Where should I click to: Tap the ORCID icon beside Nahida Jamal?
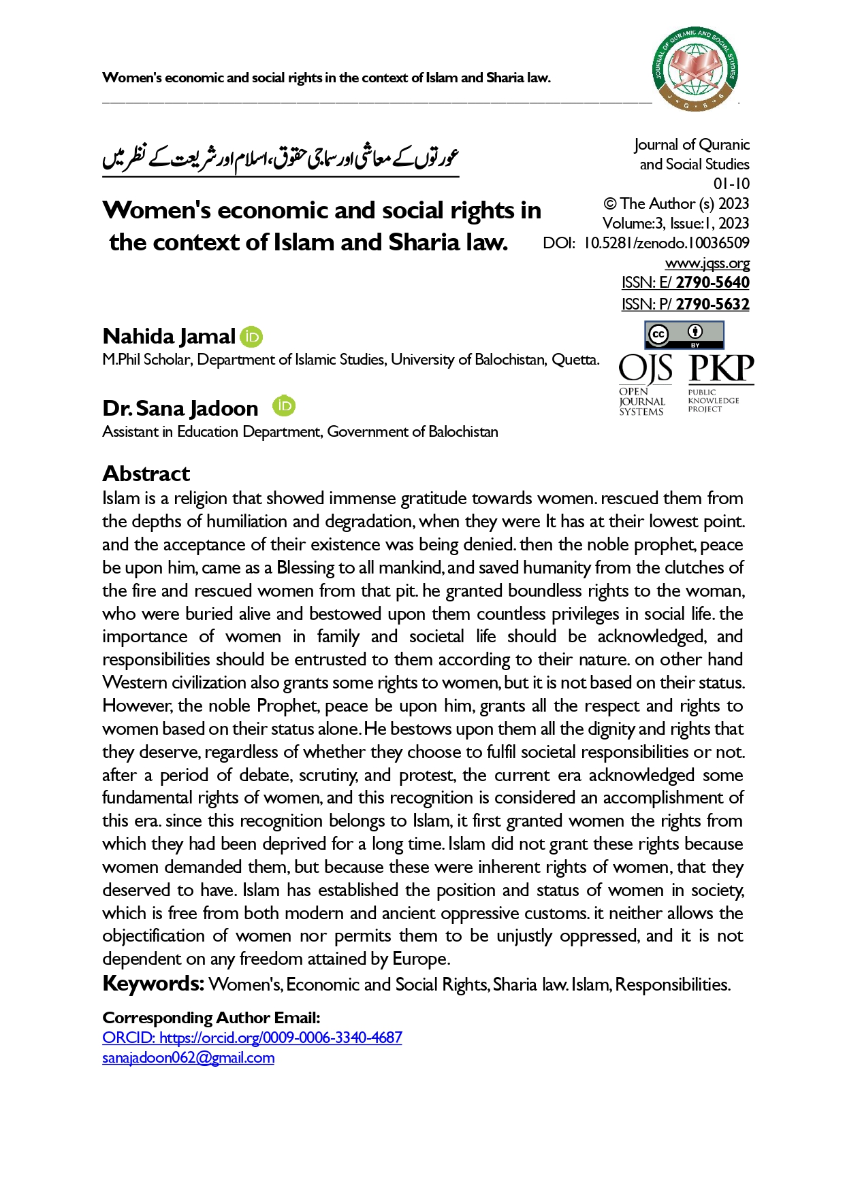point(251,336)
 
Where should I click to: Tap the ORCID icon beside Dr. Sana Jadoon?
point(284,406)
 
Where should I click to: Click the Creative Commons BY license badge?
point(684,335)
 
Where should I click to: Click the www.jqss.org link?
point(707,263)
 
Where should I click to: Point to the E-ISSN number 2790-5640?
point(712,282)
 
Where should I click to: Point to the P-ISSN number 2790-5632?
point(712,304)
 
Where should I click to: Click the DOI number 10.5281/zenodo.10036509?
point(667,243)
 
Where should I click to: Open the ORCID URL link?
point(252,1038)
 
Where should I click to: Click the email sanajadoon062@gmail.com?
point(189,1058)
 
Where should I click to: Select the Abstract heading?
point(146,474)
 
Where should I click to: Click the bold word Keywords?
point(153,984)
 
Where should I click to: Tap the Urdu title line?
point(281,158)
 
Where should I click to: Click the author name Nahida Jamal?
point(169,336)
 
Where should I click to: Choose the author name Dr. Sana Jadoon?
point(180,408)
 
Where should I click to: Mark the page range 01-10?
point(731,184)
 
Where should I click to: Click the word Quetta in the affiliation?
point(575,360)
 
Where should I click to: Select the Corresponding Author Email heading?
point(211,1018)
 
